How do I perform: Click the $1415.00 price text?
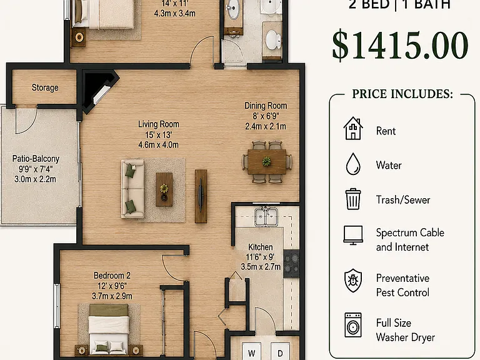[x=400, y=45]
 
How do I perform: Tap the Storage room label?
[x=45, y=87]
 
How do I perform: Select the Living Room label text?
[x=159, y=124]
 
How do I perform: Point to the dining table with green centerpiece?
[x=267, y=162]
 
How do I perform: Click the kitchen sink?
[x=266, y=216]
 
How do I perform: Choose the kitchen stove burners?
[x=291, y=264]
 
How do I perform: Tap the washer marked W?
[x=252, y=351]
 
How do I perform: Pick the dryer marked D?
[x=280, y=351]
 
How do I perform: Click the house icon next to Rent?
[x=353, y=128]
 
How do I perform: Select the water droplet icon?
[x=353, y=164]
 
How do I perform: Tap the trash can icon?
[x=353, y=199]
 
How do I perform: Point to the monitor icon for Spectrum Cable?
[x=353, y=235]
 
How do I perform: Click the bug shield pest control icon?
[x=353, y=281]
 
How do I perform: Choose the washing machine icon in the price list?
[x=353, y=325]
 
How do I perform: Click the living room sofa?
[x=132, y=189]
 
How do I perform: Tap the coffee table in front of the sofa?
[x=164, y=189]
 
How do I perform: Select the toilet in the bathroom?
[x=273, y=40]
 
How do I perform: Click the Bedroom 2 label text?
[x=112, y=276]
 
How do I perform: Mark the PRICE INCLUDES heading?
[x=402, y=94]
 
